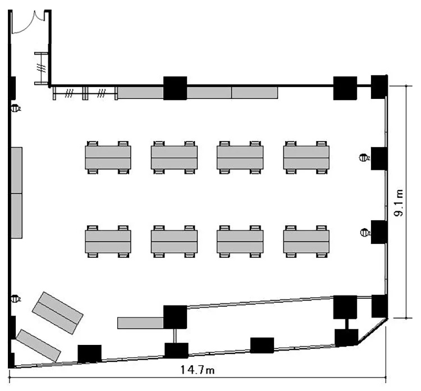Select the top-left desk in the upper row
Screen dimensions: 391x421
(x=108, y=157)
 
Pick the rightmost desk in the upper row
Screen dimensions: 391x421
(x=306, y=157)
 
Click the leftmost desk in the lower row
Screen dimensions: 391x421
(x=108, y=242)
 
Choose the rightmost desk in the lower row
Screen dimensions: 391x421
(x=306, y=242)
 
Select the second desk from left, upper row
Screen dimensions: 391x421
(x=174, y=157)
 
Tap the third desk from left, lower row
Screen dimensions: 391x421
(x=240, y=242)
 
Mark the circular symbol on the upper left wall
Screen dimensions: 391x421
(x=16, y=108)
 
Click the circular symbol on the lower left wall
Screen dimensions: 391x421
(x=16, y=298)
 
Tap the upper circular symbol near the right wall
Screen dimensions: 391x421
(x=364, y=158)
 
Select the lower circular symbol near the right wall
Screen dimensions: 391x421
(x=364, y=231)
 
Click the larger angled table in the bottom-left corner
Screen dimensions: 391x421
(x=58, y=312)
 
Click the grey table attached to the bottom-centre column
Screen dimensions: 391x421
(x=140, y=322)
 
